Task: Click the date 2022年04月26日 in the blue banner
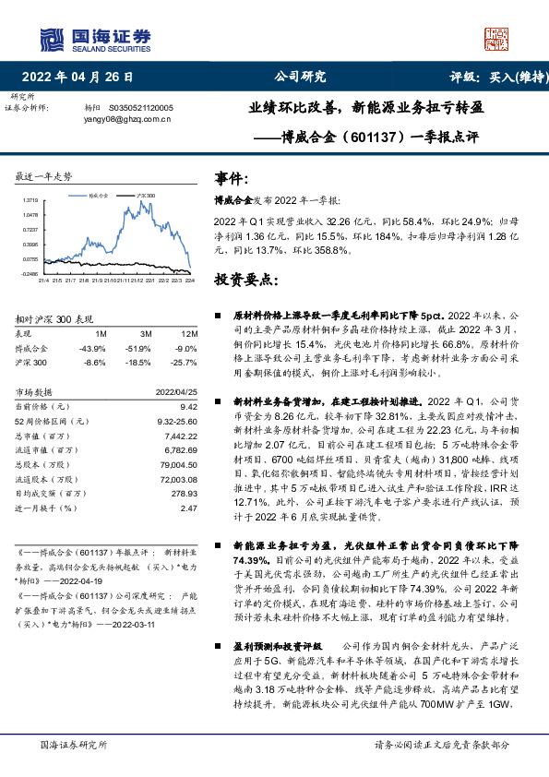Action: tap(83, 78)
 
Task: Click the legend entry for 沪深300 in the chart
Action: tap(145, 197)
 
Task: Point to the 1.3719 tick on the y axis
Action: tap(30, 199)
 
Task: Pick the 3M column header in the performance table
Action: tap(147, 333)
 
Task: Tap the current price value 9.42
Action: tap(190, 407)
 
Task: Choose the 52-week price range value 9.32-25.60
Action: tap(174, 421)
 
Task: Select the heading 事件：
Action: tap(232, 178)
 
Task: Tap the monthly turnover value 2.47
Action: tap(190, 508)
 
